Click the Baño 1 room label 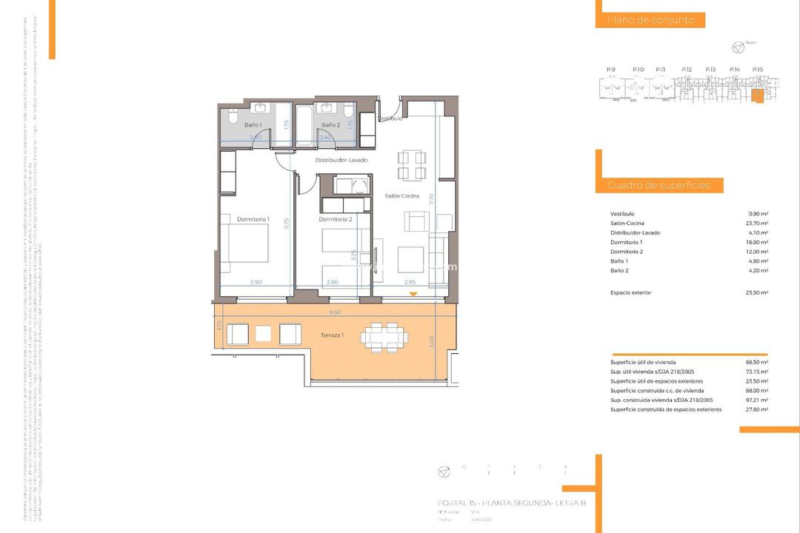[253, 125]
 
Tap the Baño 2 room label [330, 125]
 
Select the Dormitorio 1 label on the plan [253, 219]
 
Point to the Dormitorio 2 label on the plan [335, 219]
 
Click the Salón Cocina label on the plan [401, 196]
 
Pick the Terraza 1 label [332, 335]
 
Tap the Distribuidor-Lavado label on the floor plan [341, 160]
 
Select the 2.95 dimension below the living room [410, 282]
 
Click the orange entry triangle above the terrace [413, 295]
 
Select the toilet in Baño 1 [232, 117]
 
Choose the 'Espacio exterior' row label [630, 292]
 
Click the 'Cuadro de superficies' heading [659, 185]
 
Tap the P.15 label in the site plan [757, 70]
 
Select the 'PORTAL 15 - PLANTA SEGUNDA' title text [511, 503]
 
